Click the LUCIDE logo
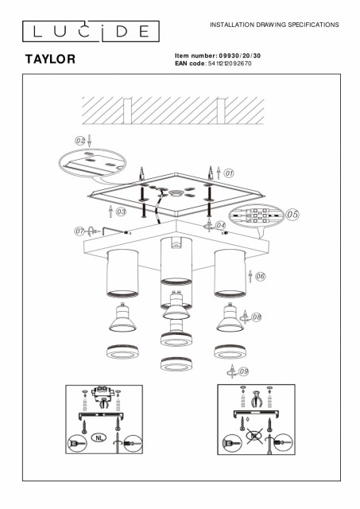(91, 32)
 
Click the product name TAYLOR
(50, 59)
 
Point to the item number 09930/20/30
(240, 56)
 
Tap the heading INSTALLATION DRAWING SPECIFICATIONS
(274, 25)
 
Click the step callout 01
(229, 173)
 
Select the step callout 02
(80, 141)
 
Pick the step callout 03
(121, 212)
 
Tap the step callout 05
(292, 214)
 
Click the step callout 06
(260, 277)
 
